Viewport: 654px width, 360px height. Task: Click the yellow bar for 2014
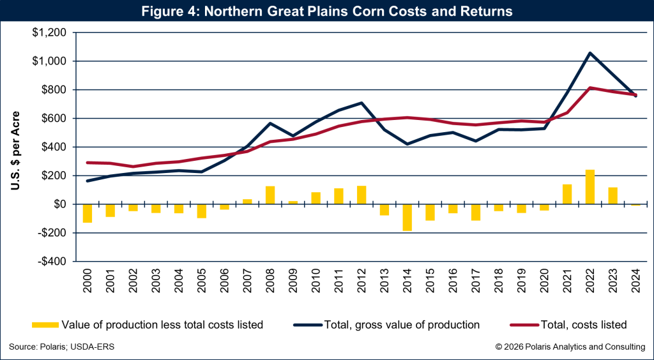(407, 217)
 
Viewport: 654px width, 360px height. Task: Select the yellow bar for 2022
(590, 187)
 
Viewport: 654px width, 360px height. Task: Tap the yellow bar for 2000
(87, 213)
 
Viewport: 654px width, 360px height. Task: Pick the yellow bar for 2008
(270, 195)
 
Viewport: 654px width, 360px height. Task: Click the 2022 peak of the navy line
(590, 53)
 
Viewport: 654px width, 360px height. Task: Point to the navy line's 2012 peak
(361, 103)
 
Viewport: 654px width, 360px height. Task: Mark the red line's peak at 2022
(590, 87)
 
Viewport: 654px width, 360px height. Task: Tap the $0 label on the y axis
(59, 204)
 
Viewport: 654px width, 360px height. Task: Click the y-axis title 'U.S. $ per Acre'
(15, 151)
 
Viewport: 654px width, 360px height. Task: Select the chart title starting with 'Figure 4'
(327, 11)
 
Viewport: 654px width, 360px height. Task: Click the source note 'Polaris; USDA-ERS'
(61, 347)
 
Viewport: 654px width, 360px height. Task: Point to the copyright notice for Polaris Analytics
(570, 347)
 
